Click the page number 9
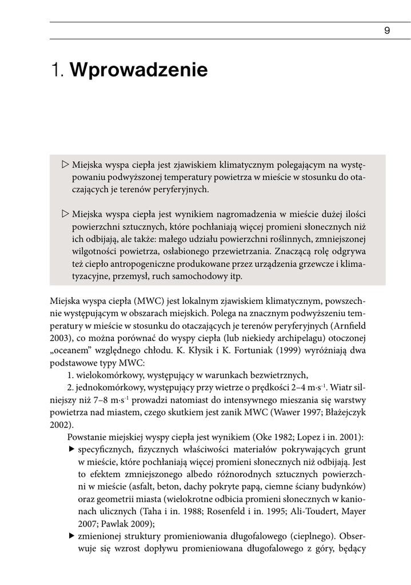(x=387, y=31)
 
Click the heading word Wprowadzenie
(x=139, y=71)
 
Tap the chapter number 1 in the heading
(x=55, y=71)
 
